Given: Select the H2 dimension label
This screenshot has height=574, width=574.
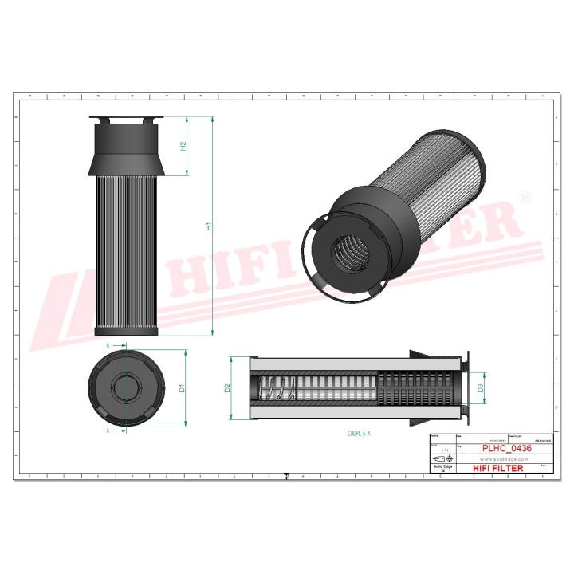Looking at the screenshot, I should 183,146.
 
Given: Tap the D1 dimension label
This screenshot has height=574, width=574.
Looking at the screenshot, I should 182,388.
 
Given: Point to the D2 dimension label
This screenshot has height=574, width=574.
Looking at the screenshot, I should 227,388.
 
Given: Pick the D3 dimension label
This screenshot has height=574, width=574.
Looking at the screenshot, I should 480,388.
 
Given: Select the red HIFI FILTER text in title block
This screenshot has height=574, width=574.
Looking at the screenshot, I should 498,468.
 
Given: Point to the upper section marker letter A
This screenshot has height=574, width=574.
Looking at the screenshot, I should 108,345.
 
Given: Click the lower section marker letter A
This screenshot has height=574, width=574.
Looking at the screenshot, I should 108,431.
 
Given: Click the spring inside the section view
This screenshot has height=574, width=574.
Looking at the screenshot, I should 276,388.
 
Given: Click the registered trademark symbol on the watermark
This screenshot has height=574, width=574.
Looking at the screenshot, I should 524,196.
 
